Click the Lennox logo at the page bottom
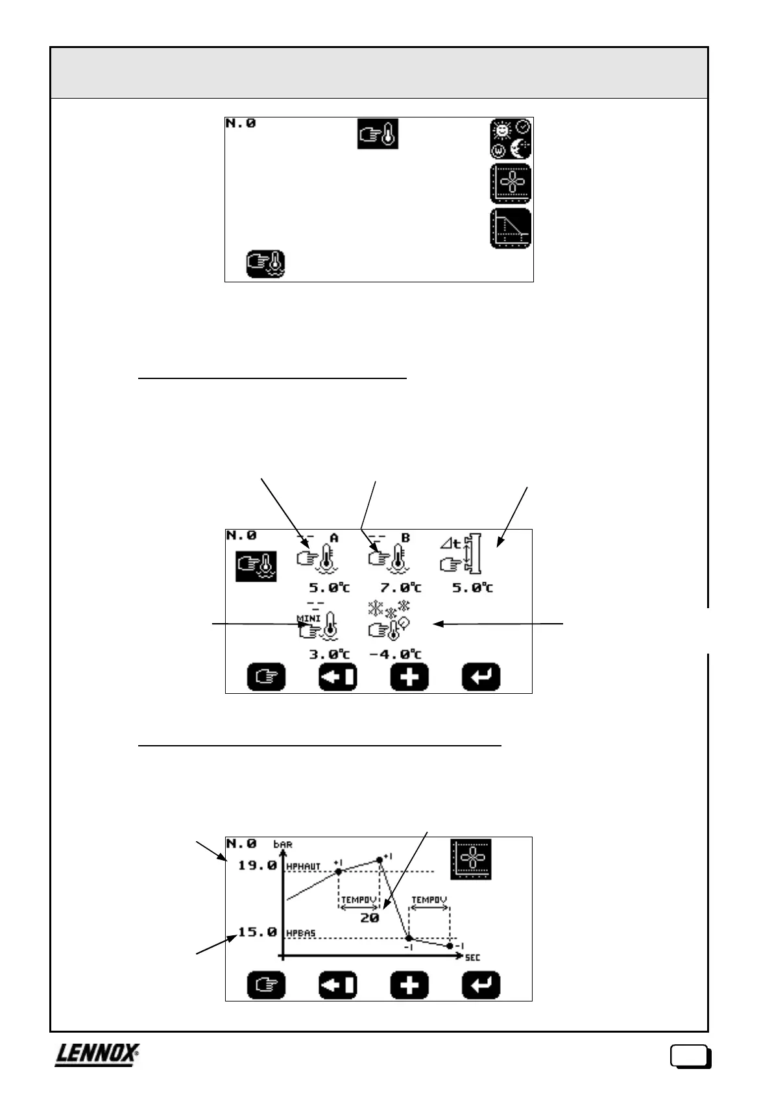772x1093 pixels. pyautogui.click(x=97, y=1055)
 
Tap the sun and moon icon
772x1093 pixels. pyautogui.click(x=511, y=139)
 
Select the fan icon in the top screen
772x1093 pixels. pyautogui.click(x=511, y=184)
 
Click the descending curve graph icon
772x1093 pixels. pyautogui.click(x=511, y=228)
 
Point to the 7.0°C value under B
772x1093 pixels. pyautogui.click(x=400, y=587)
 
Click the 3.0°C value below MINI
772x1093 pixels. pyautogui.click(x=328, y=654)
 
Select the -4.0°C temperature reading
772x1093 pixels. pyautogui.click(x=395, y=654)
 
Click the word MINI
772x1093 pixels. pyautogui.click(x=309, y=618)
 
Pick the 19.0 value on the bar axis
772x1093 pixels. pyautogui.click(x=257, y=865)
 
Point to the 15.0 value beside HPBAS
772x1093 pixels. pyautogui.click(x=257, y=932)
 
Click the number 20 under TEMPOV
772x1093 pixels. pyautogui.click(x=369, y=918)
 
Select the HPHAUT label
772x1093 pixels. pyautogui.click(x=304, y=866)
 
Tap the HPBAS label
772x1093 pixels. pyautogui.click(x=301, y=933)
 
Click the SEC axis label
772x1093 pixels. pyautogui.click(x=472, y=958)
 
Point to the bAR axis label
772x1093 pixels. pyautogui.click(x=283, y=844)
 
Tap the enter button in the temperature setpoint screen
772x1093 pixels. pyautogui.click(x=481, y=678)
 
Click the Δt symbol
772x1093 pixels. pyautogui.click(x=450, y=544)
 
